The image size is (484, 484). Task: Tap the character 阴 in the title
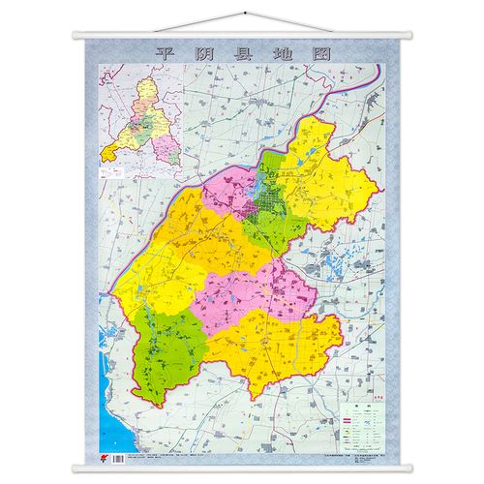pyautogui.click(x=194, y=53)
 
